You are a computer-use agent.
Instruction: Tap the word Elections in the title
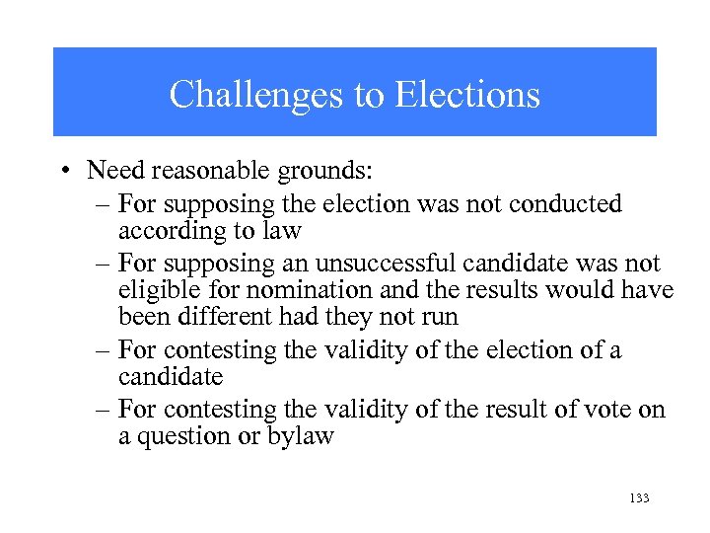467,95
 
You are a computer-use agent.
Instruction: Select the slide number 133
638,498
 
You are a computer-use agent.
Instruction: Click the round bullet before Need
63,171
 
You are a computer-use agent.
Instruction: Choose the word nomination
282,291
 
